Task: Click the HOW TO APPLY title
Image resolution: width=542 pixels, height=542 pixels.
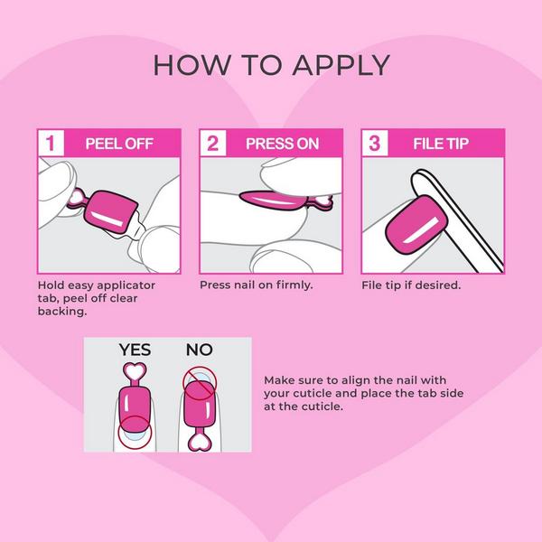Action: coord(271,65)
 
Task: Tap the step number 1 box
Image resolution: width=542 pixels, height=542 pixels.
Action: coord(52,143)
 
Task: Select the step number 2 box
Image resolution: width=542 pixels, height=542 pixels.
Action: coord(213,143)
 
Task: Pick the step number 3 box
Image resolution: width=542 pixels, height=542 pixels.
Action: coord(375,143)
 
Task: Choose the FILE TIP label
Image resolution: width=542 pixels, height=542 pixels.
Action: coord(440,143)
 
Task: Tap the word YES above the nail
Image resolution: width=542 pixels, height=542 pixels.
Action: coord(135,349)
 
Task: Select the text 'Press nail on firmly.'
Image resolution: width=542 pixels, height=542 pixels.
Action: coord(256,285)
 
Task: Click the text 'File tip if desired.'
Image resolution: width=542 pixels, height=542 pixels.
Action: coord(411,285)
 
